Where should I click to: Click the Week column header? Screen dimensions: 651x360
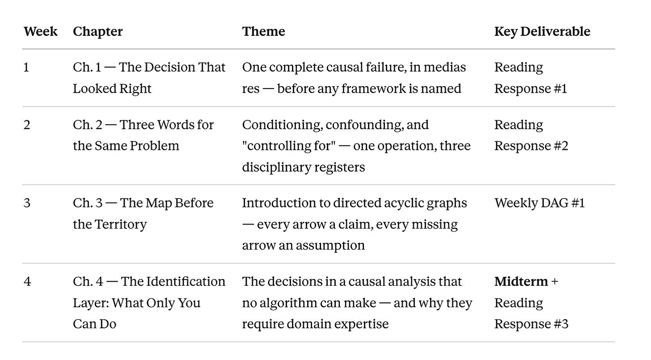pos(40,31)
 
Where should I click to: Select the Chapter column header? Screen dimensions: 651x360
pos(97,31)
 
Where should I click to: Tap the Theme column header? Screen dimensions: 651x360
pos(263,31)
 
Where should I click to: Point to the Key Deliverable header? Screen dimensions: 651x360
pos(542,31)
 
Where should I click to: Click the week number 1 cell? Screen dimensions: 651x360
pos(26,68)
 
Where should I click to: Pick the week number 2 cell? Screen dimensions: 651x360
pos(27,125)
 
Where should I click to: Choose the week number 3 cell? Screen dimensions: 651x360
pos(27,203)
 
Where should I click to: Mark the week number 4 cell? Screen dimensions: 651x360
pos(27,282)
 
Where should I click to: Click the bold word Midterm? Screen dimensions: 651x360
pos(521,282)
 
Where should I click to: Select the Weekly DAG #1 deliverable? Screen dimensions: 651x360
pos(539,203)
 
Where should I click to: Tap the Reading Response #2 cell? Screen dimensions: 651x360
pos(531,136)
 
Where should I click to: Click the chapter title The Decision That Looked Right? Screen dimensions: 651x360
pos(149,78)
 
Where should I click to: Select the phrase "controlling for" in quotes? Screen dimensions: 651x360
pos(289,146)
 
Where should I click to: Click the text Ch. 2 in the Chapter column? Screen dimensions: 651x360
pos(87,125)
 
